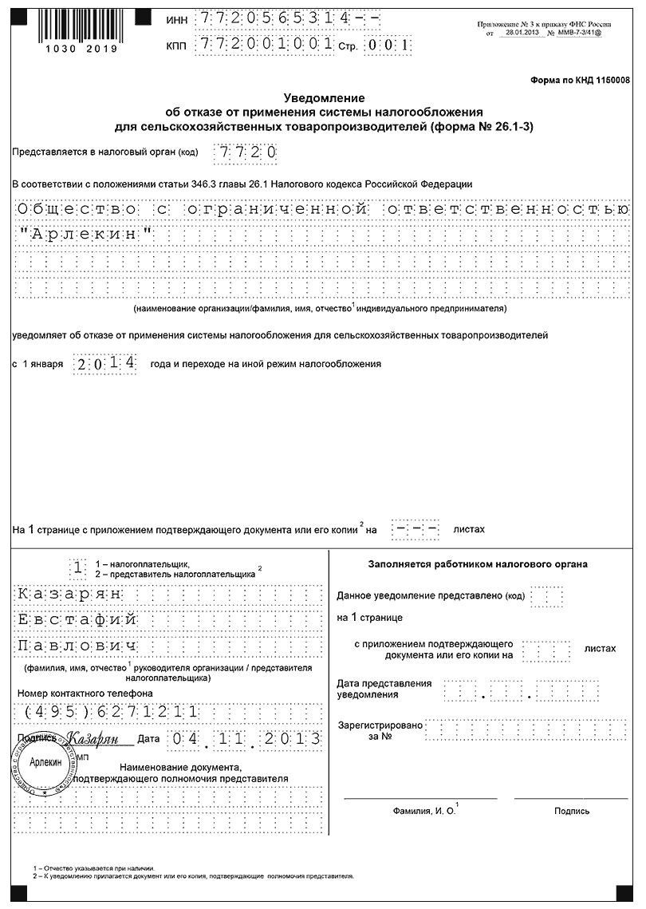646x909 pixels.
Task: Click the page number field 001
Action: coord(388,45)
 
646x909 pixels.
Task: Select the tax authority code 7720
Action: coord(246,152)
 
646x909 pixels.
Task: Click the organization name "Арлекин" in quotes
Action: coord(83,235)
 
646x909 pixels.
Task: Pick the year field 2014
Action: coord(104,363)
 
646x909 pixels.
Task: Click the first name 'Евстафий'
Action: coord(78,620)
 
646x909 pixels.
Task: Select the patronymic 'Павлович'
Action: coord(78,646)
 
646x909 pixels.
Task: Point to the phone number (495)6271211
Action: coord(112,712)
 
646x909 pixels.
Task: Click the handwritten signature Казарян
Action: coord(93,739)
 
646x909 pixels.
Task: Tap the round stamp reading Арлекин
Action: coord(45,763)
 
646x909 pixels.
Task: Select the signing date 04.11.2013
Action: coord(245,739)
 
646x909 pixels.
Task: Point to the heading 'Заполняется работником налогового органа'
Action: coord(478,564)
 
